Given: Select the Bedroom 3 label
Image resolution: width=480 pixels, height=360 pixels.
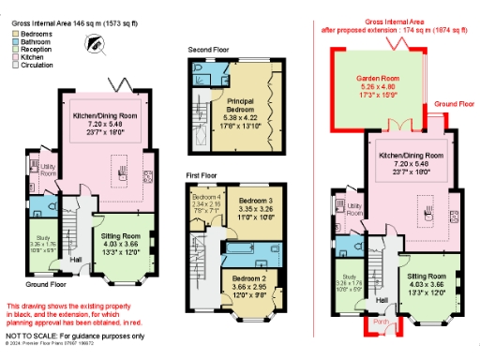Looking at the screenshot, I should pos(255,201).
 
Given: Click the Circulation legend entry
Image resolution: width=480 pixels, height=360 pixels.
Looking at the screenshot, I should pos(35,65).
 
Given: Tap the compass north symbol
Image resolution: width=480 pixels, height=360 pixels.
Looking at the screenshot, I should pos(96,42).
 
